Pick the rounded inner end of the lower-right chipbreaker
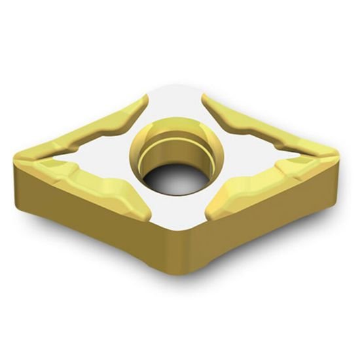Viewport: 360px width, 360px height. pos(213,211)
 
